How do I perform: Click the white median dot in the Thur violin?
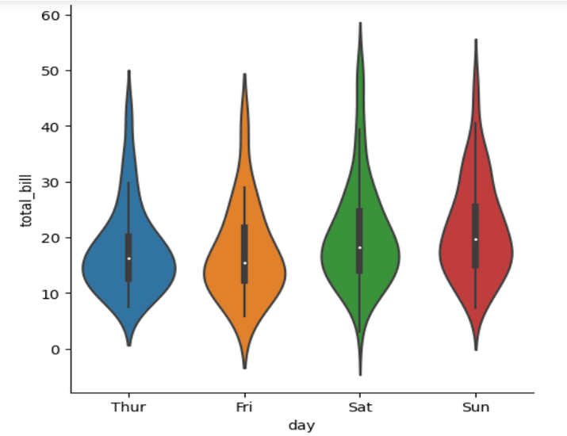pyautogui.click(x=128, y=258)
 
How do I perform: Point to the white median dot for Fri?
pyautogui.click(x=245, y=262)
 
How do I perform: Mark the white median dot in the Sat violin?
pyautogui.click(x=360, y=248)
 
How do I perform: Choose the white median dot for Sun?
pyautogui.click(x=476, y=239)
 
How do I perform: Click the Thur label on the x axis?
pyautogui.click(x=128, y=407)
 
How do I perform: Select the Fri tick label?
pyautogui.click(x=244, y=407)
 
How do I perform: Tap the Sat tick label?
pyautogui.click(x=360, y=407)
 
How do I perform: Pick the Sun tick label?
pyautogui.click(x=476, y=407)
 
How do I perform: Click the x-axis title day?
pyautogui.click(x=301, y=426)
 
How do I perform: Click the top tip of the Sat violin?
pyautogui.click(x=360, y=25)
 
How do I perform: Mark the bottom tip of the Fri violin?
pyautogui.click(x=244, y=367)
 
